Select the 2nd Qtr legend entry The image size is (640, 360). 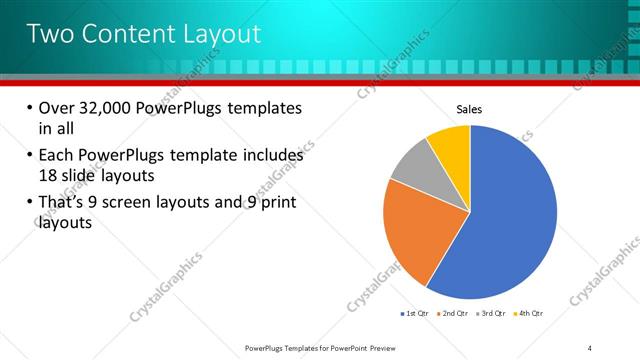tap(455, 313)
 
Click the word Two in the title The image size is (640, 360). tap(50, 34)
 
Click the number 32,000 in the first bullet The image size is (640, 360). tap(106, 107)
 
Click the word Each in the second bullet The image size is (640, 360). tap(57, 155)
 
